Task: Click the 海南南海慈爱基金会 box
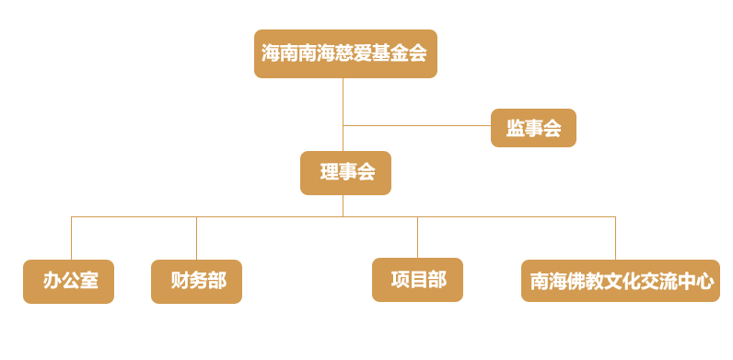[345, 53]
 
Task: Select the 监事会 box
[533, 128]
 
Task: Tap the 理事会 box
[345, 172]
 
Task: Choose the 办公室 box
[68, 281]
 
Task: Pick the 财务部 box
[196, 281]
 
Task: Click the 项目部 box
[417, 280]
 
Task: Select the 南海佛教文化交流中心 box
[620, 281]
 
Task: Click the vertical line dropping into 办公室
[71, 238]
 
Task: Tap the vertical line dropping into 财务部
[196, 238]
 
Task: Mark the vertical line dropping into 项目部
[417, 238]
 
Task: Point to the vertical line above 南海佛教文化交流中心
[615, 238]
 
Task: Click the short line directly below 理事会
[343, 205]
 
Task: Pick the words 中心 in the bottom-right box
[695, 282]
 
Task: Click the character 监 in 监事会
[516, 129]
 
